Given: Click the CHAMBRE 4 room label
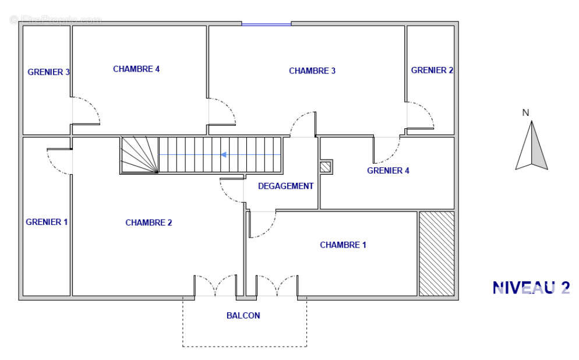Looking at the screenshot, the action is point(136,69).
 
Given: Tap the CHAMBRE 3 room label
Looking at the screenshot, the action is point(312,71).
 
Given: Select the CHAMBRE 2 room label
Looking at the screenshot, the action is point(149,223).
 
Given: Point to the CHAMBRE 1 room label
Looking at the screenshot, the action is point(343,245).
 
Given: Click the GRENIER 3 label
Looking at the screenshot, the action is point(49,72).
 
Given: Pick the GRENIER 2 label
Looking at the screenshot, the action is point(432,70).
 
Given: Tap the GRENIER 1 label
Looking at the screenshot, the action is point(47,222).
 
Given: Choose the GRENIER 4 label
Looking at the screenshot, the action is point(388,171).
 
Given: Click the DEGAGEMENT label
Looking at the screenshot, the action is point(286,186).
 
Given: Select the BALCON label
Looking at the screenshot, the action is point(243,316).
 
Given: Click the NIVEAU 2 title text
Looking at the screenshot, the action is point(531,288).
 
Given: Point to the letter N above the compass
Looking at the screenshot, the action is point(526,112).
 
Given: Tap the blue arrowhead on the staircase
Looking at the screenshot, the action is point(224,155).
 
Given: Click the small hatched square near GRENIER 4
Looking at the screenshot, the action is point(325,167).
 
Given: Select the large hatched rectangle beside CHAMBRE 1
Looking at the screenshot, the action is point(436,253).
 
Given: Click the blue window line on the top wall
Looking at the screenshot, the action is point(267,24).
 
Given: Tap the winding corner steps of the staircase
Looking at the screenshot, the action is point(140,155).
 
